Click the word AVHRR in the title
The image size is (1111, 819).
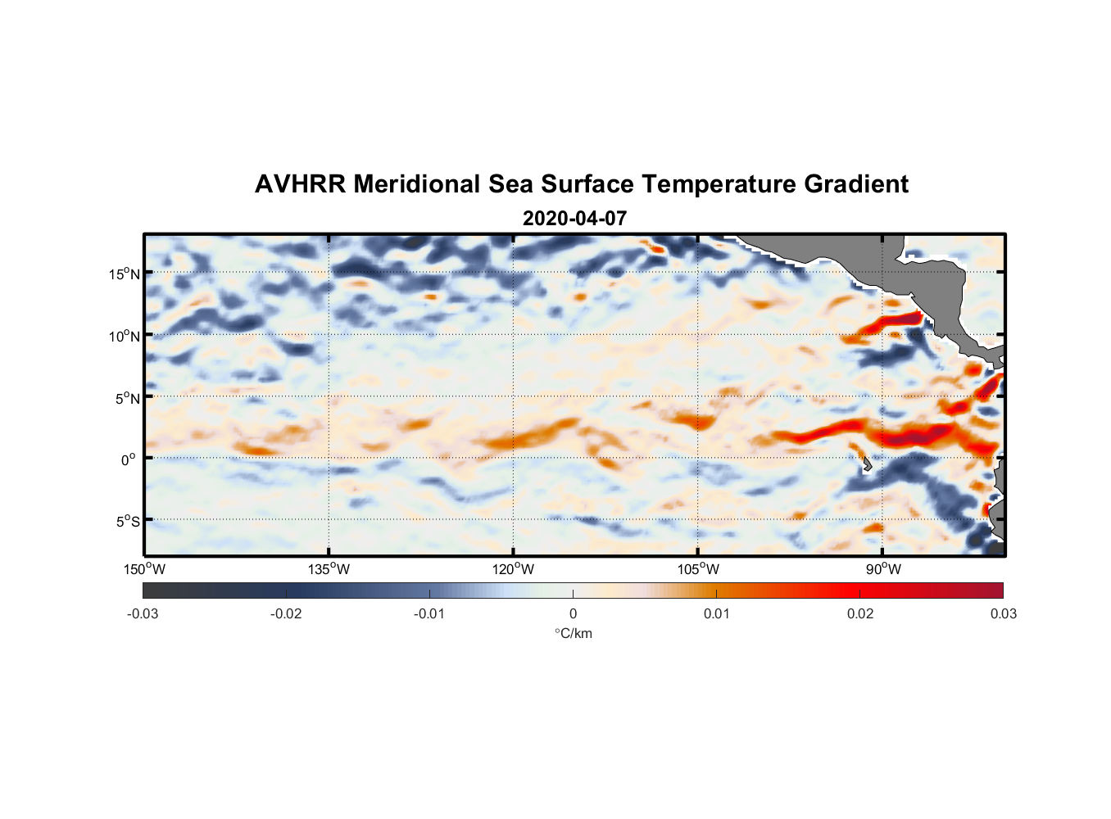click(300, 184)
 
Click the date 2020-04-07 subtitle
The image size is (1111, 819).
click(574, 219)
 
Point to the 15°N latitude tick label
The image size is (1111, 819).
click(125, 274)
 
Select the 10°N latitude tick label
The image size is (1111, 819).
click(125, 336)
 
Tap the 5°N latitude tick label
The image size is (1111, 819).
click(127, 398)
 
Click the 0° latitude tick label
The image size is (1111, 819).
click(129, 459)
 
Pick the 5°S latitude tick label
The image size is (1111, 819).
click(127, 521)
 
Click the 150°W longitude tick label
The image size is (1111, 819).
click(145, 569)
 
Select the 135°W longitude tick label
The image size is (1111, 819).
click(329, 569)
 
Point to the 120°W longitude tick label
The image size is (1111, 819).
click(514, 569)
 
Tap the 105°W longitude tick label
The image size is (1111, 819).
click(698, 569)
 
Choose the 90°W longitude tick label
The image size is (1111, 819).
click(883, 569)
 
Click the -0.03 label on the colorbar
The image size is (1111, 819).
click(143, 613)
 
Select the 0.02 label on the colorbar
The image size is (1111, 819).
click(860, 613)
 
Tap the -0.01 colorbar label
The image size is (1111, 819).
click(429, 613)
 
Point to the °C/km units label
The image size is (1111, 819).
click(574, 633)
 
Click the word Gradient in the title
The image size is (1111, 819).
click(856, 184)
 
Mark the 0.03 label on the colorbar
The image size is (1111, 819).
click(1004, 613)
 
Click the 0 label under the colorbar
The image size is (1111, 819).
click(573, 613)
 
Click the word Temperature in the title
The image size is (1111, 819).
click(719, 184)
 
